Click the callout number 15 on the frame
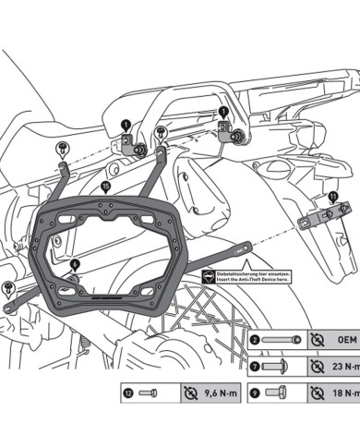click(105, 186)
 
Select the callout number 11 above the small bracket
click(332, 197)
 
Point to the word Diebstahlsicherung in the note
click(243, 273)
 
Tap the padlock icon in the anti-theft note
click(208, 277)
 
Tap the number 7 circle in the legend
click(255, 367)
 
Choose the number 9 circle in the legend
click(255, 393)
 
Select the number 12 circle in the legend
click(126, 393)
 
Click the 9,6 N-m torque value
click(215, 393)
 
